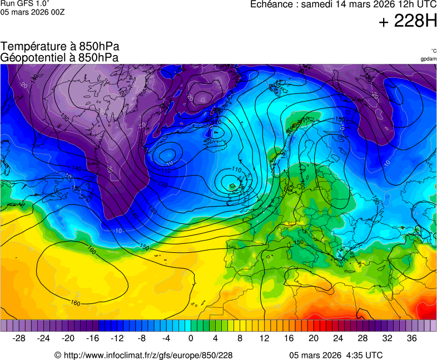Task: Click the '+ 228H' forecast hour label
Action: (408, 22)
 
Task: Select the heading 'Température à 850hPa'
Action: (60, 47)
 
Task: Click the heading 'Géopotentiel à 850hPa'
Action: (59, 57)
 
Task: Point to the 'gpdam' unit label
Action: (428, 59)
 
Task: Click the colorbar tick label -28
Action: (19, 338)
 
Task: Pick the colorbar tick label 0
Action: (191, 338)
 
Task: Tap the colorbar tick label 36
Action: (411, 338)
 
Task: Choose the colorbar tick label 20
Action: (314, 338)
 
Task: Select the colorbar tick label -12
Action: (117, 338)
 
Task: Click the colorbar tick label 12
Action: (265, 338)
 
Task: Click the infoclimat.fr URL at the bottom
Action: (147, 355)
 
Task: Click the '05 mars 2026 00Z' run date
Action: (32, 12)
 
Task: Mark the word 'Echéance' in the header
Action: (271, 4)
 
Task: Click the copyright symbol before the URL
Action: (57, 355)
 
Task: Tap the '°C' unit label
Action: (433, 51)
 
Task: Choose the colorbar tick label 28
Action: (362, 338)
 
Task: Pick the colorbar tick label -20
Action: (68, 338)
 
